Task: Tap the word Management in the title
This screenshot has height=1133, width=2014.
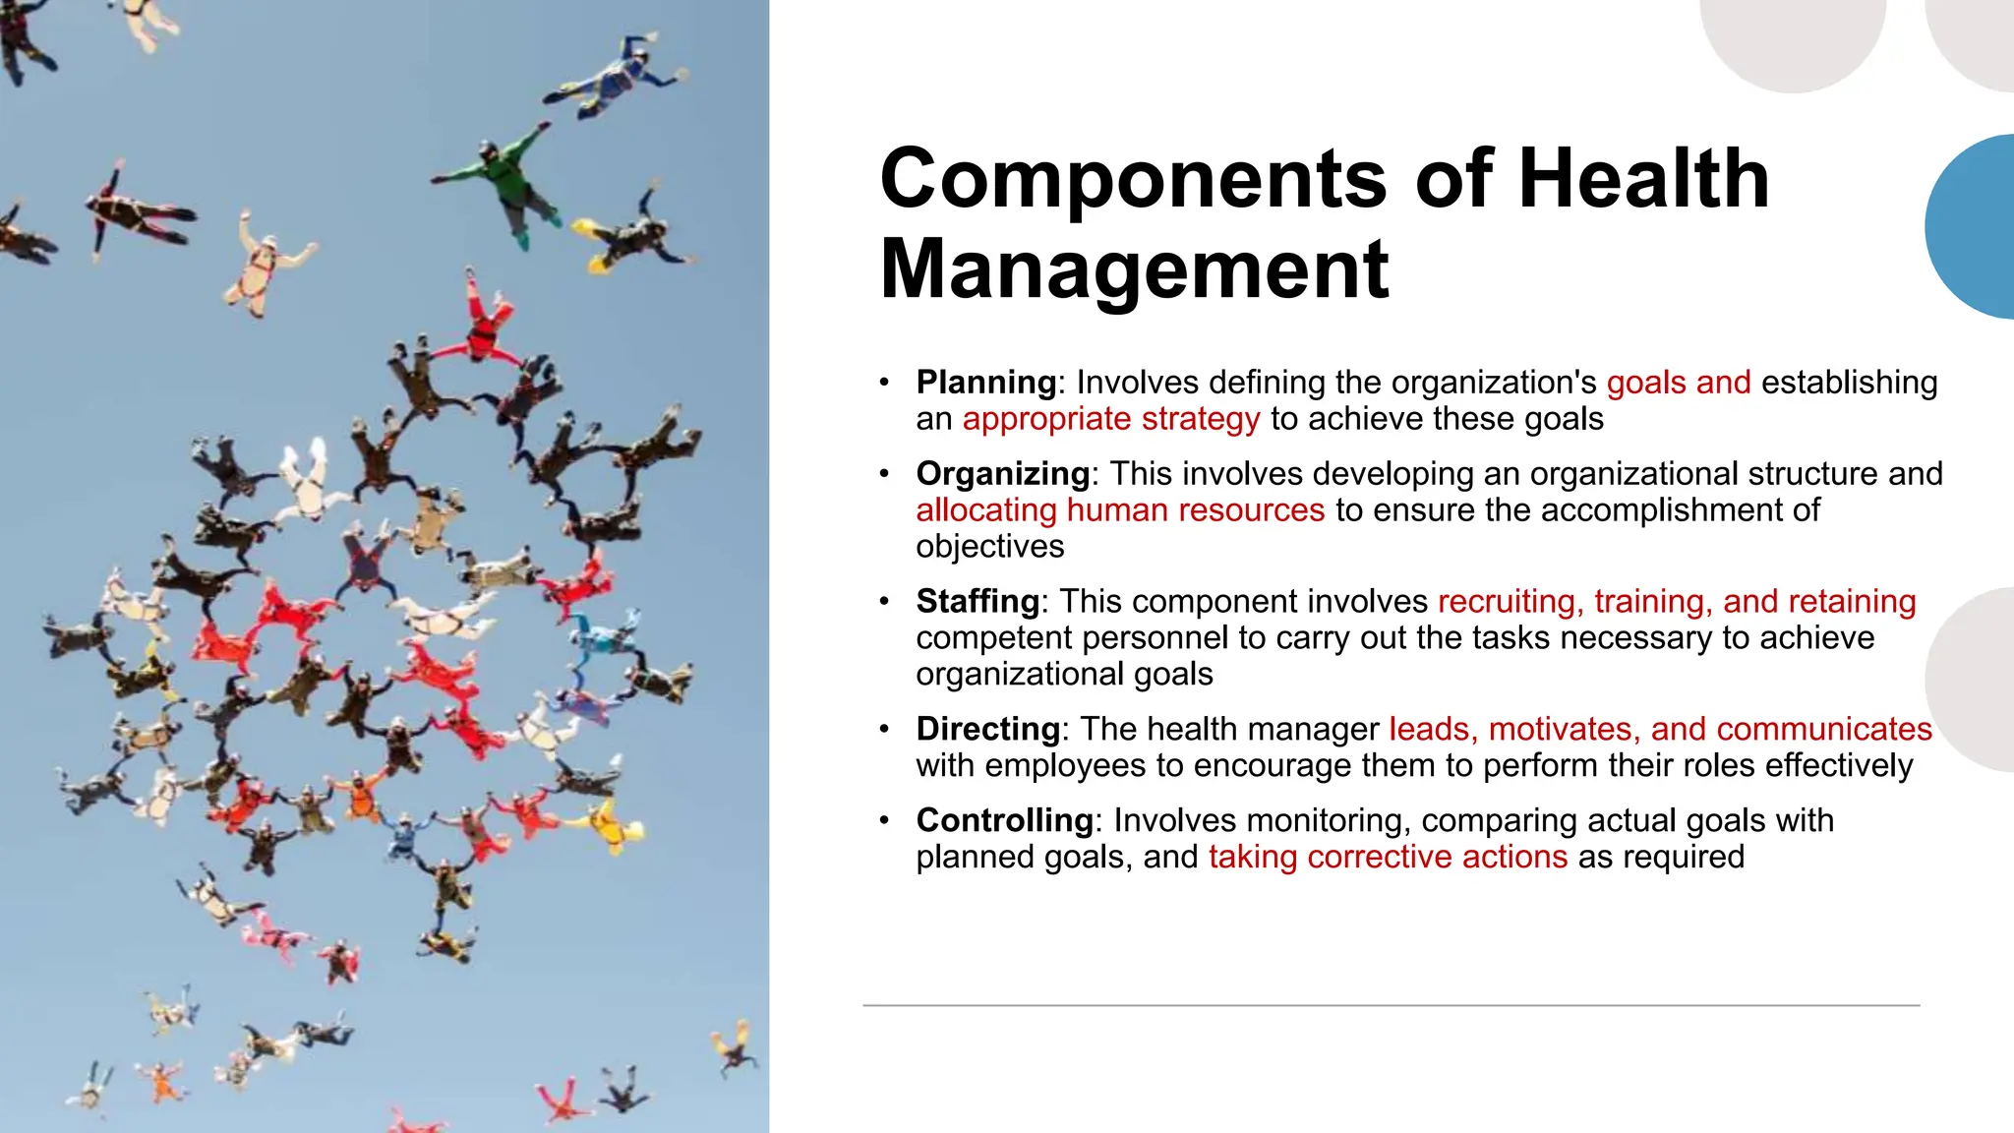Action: [1134, 270]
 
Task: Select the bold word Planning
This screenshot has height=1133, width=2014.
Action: [985, 382]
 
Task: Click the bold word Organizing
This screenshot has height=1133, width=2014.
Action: [1002, 473]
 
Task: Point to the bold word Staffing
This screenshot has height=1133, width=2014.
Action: [977, 601]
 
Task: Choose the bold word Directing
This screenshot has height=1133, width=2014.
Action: [987, 729]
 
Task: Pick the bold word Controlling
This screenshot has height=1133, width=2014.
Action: [1004, 820]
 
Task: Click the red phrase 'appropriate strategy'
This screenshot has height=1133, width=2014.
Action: [1110, 419]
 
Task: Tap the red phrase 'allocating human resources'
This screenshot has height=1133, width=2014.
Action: [1120, 510]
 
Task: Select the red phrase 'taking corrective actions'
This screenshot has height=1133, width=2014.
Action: [1388, 857]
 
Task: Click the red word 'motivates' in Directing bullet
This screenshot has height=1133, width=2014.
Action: [1564, 729]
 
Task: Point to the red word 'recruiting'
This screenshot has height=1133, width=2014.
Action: [1510, 601]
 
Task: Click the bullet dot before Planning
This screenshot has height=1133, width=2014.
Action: [884, 382]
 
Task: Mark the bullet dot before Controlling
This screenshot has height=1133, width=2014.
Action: [884, 820]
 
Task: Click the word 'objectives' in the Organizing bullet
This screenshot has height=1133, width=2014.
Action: [989, 547]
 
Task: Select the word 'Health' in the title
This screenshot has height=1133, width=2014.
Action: [1643, 179]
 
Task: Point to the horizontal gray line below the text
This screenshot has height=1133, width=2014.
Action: [1391, 1005]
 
